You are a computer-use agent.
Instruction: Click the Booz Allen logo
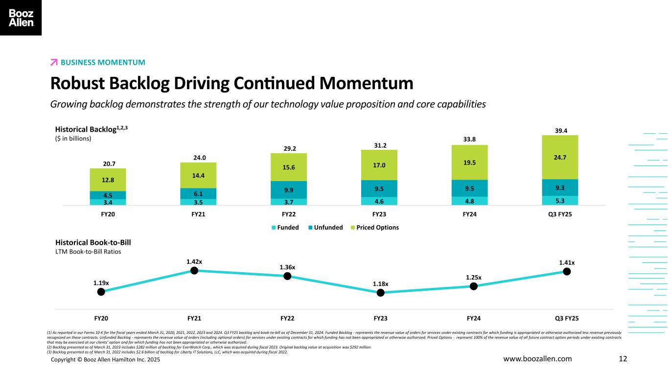[21, 18]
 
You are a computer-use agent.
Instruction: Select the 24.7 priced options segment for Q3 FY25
[560, 157]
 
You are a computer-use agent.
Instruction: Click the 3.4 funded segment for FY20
[108, 202]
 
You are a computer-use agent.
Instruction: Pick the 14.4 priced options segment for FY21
[198, 175]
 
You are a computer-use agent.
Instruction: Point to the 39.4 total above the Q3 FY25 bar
[560, 131]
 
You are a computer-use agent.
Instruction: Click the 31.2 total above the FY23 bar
[379, 145]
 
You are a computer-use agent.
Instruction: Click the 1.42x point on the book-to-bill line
[194, 270]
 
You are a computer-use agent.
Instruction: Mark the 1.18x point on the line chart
[380, 293]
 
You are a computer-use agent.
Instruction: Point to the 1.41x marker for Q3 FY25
[567, 271]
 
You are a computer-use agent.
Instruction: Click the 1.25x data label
[473, 278]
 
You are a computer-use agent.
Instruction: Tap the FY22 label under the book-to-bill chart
[288, 319]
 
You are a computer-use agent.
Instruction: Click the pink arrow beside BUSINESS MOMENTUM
[54, 62]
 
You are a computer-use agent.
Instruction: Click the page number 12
[623, 359]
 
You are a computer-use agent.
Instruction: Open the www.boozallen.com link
[537, 359]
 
